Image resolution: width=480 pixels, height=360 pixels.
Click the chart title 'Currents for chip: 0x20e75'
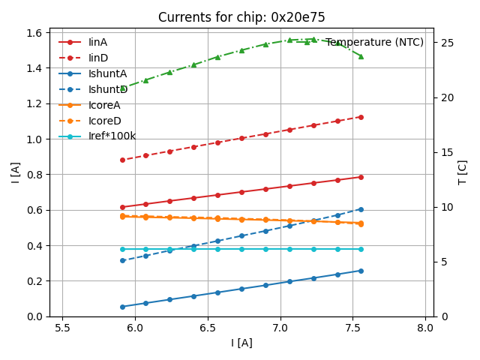241,17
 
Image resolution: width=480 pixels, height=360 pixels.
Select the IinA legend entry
97,42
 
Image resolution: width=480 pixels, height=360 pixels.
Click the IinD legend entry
97,58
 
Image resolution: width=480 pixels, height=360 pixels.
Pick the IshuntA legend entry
107,73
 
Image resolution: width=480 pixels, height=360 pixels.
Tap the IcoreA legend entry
104,105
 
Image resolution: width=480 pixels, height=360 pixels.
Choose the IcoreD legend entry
104,121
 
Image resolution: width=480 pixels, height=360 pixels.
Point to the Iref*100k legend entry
112,136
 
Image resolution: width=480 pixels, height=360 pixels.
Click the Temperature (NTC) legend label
374,42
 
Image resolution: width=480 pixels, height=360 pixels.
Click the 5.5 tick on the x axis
62,328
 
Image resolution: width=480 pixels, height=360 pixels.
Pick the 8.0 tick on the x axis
425,328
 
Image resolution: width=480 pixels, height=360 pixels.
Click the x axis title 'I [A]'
241,343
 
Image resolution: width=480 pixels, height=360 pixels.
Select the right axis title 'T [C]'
463,172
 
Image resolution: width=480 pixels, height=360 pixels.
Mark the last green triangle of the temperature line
361,56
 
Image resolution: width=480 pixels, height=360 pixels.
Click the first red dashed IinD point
122,160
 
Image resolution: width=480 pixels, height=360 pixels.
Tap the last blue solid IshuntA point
361,271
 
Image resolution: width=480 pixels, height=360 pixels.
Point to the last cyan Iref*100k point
361,249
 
